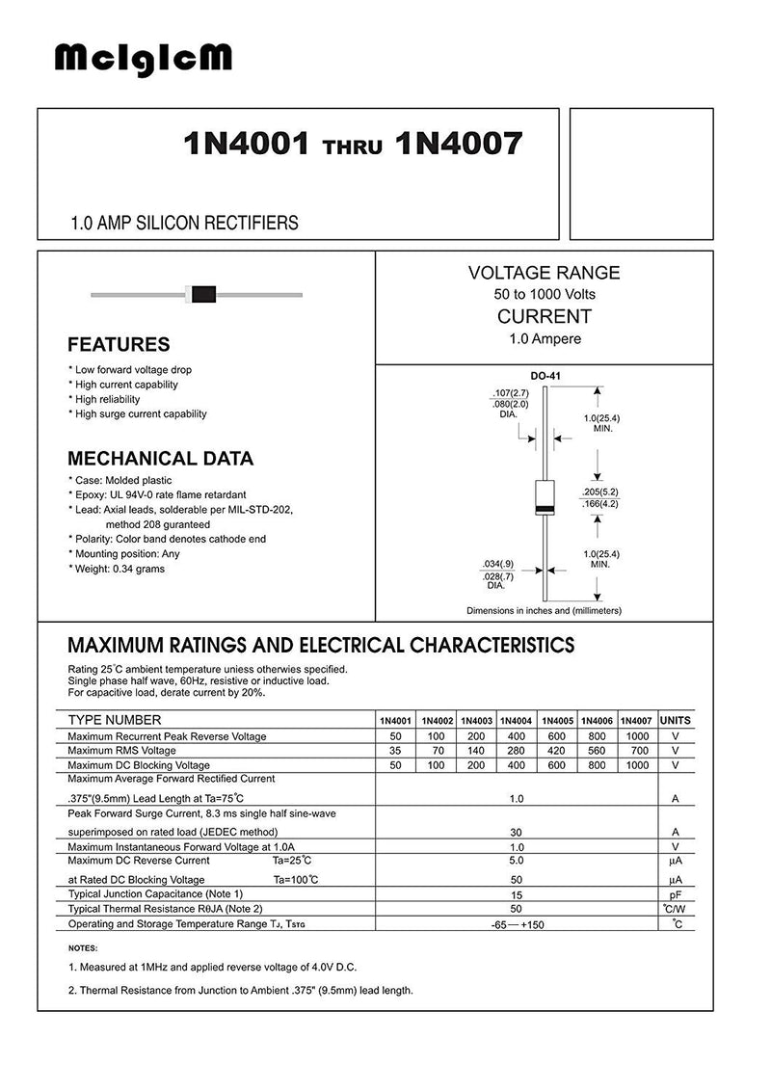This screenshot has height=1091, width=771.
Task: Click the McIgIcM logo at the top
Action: coord(143,61)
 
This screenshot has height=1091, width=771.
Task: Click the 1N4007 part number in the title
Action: coord(459,144)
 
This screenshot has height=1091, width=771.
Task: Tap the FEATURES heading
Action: coord(119,344)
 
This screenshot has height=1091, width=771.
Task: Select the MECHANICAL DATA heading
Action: coord(160,459)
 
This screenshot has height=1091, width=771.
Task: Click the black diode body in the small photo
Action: coord(200,293)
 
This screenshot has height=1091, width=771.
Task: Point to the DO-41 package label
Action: coord(544,377)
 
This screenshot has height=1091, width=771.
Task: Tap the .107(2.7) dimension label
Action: coord(507,393)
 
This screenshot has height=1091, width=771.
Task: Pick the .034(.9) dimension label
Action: coord(498,563)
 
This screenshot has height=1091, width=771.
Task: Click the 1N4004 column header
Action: coord(517,721)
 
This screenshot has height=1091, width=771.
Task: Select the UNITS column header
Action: coord(675,721)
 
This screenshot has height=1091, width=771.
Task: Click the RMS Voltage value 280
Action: coord(517,751)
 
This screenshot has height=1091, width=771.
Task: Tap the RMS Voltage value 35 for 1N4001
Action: coord(395,751)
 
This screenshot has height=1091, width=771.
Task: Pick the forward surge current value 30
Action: coord(517,832)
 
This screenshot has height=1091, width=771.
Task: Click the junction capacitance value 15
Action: coord(517,894)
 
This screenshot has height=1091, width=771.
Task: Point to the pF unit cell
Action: coord(676,894)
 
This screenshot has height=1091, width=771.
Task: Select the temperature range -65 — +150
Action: coord(517,924)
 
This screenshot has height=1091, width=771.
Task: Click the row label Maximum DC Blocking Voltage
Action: coord(141,765)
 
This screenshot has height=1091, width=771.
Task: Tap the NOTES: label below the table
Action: coord(83,948)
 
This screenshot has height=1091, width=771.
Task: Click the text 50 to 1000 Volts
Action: coord(545,293)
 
